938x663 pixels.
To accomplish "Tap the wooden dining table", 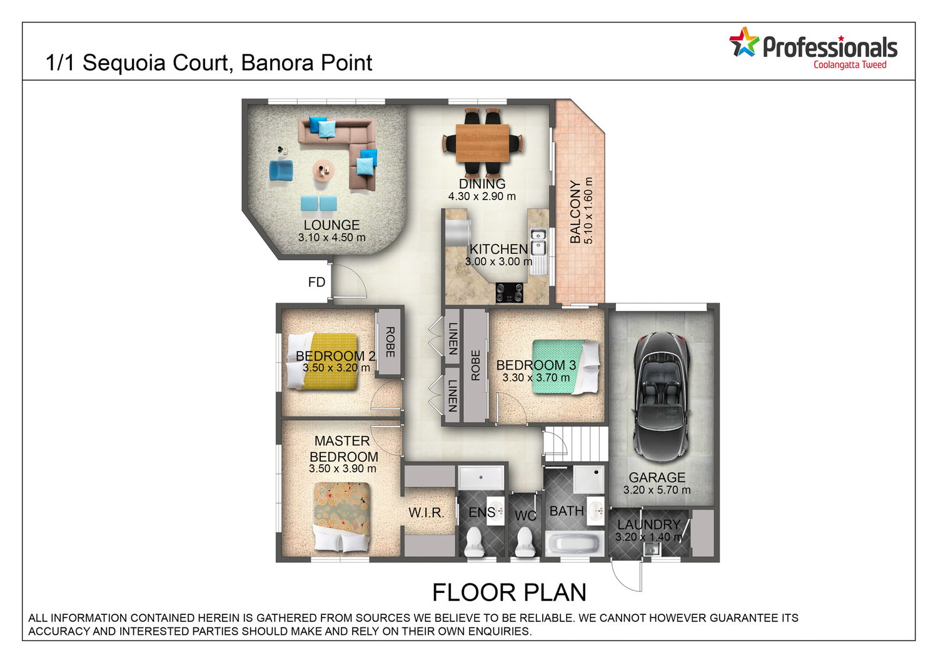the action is click(x=482, y=143).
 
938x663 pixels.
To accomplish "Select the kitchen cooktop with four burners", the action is click(x=509, y=292).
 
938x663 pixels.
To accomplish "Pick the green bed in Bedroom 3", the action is click(x=565, y=367).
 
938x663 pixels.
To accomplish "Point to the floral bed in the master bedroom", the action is click(x=341, y=517).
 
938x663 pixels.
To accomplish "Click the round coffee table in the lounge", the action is click(x=323, y=170).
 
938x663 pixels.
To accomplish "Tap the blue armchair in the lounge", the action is click(x=281, y=171).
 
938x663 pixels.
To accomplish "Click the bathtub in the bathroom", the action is click(x=574, y=544).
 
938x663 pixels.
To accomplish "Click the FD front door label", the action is click(x=316, y=282).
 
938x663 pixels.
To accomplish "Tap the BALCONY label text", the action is click(x=575, y=212).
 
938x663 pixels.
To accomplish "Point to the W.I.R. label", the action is click(x=426, y=512).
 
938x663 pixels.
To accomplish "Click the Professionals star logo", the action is click(x=744, y=42).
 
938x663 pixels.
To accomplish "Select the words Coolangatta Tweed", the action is click(x=850, y=65).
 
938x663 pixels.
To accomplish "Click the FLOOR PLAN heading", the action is click(x=509, y=592).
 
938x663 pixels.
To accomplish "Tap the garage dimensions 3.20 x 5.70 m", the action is click(x=657, y=490).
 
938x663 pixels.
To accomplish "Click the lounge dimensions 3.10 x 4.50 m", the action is click(x=331, y=238).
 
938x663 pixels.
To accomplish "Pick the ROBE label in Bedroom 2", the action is click(x=390, y=342).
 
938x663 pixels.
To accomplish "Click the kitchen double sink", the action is click(x=538, y=242).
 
